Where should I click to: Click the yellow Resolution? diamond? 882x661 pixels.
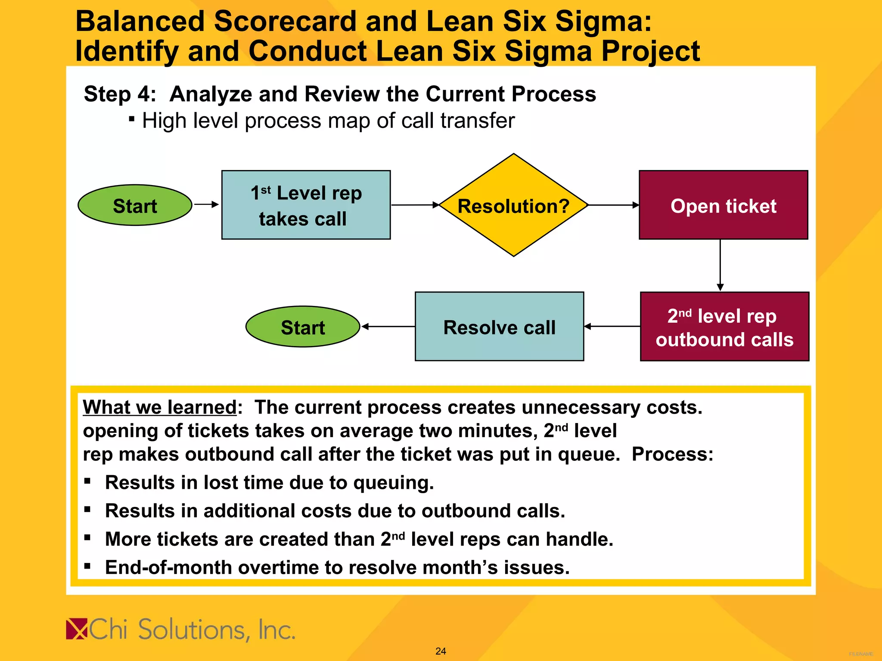click(513, 205)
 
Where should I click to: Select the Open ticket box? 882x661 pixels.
click(723, 205)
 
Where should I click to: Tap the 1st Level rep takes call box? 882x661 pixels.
click(306, 205)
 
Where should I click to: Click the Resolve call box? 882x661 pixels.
click(499, 327)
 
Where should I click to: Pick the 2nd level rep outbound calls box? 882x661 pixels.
click(724, 327)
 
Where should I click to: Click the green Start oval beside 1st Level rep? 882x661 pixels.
click(135, 205)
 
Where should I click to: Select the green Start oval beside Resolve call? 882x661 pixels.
click(303, 327)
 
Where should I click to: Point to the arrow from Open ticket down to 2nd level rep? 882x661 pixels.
click(720, 265)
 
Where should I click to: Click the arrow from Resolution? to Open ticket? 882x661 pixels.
click(613, 205)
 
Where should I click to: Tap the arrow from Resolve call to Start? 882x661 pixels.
click(388, 327)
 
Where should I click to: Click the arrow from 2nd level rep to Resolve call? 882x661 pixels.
click(612, 327)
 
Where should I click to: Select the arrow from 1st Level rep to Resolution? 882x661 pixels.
click(415, 205)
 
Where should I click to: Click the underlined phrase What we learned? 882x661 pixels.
click(159, 407)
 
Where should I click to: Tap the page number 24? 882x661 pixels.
click(441, 651)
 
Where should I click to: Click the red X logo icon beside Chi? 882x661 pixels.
click(77, 629)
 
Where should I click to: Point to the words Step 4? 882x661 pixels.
click(120, 94)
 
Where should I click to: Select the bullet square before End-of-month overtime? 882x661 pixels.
click(87, 566)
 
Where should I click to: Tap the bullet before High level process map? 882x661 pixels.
click(132, 118)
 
